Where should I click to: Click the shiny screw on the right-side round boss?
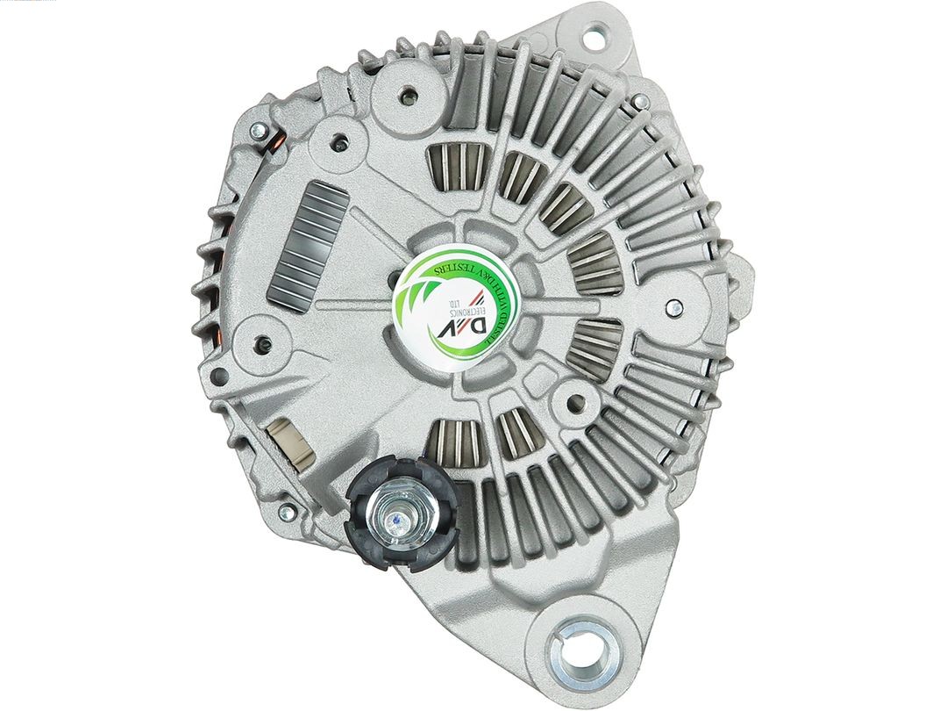tap(673, 306)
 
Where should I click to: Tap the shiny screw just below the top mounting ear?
tap(641, 103)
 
